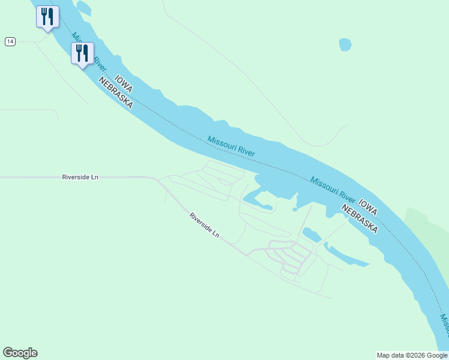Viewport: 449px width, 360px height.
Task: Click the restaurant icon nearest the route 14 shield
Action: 47,16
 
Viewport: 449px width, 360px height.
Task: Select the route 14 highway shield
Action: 10,41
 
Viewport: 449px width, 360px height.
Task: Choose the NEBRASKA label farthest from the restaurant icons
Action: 360,217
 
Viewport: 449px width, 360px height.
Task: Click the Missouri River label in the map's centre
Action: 231,146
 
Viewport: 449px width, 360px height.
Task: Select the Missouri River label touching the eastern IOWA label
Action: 334,188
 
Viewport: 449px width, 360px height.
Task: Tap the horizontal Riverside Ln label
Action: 80,178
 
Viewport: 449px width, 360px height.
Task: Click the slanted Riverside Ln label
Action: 204,224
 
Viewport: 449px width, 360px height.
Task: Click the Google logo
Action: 20,353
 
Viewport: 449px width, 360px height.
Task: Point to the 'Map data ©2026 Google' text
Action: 412,355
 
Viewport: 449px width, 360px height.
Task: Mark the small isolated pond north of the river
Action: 345,44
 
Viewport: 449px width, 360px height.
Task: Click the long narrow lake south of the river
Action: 345,256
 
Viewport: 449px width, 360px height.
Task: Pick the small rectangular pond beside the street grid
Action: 310,234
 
